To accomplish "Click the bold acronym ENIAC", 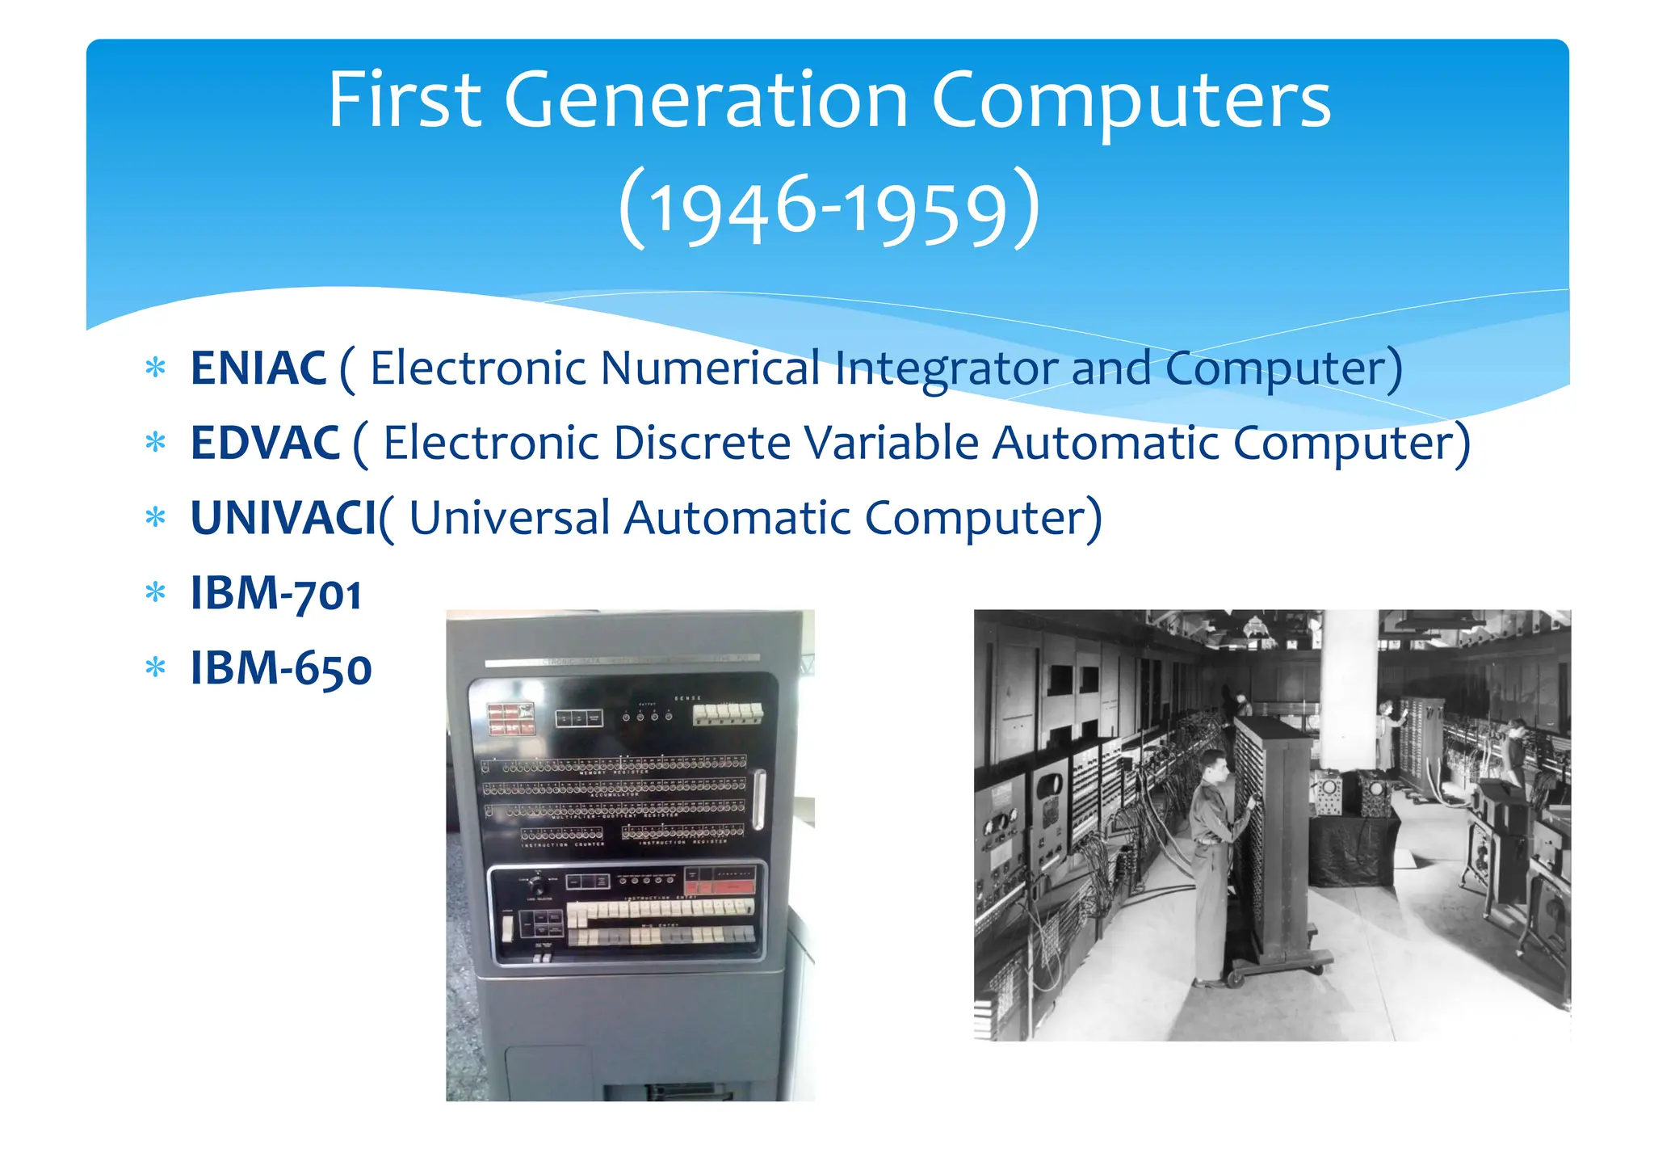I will pyautogui.click(x=258, y=368).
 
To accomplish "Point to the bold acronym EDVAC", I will pyautogui.click(x=265, y=443).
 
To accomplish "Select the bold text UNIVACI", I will pyautogui.click(x=283, y=518).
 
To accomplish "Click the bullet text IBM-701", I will pyautogui.click(x=275, y=593).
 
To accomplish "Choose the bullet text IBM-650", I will pyautogui.click(x=280, y=668).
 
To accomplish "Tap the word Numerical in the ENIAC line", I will pyautogui.click(x=711, y=368).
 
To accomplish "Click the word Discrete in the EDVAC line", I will pyautogui.click(x=702, y=443).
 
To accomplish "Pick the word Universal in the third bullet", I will pyautogui.click(x=509, y=518).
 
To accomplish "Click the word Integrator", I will pyautogui.click(x=946, y=368).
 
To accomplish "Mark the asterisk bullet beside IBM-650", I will pyautogui.click(x=155, y=668).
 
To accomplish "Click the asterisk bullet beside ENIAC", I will pyautogui.click(x=155, y=368).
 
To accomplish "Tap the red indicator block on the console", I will pyautogui.click(x=510, y=718).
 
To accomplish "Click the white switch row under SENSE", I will pyautogui.click(x=727, y=713).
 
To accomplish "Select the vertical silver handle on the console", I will pyautogui.click(x=758, y=799).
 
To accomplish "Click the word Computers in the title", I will pyautogui.click(x=1131, y=100).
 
